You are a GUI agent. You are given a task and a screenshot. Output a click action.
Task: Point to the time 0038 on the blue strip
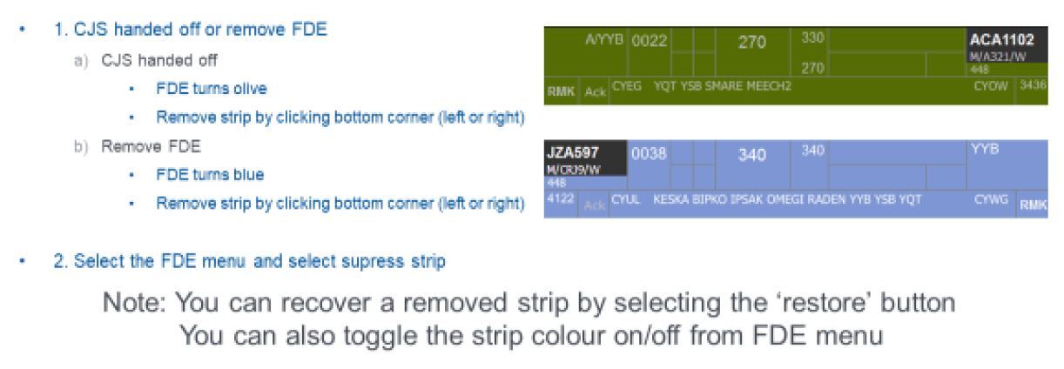[649, 152]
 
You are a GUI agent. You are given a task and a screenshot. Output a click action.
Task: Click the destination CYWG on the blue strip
[988, 200]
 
